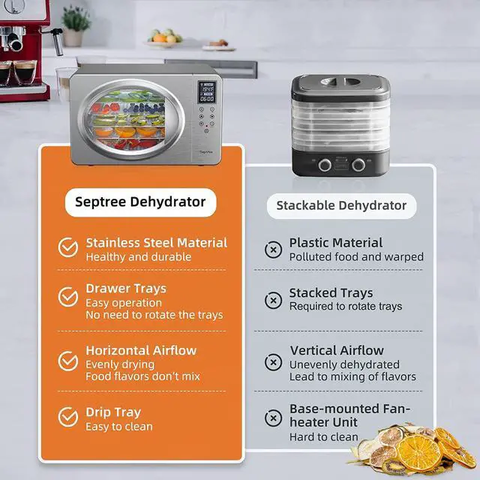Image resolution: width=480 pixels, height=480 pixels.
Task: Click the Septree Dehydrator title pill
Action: [x=141, y=202]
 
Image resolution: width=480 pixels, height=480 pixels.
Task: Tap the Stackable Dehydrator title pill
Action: [x=341, y=205]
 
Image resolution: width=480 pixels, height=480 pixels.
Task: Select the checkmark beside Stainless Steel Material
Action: [x=68, y=247]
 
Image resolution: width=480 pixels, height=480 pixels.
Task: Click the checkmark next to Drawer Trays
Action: [x=68, y=297]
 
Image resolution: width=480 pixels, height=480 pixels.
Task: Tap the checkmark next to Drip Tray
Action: [x=68, y=418]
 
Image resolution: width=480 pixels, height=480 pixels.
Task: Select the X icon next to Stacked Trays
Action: [x=274, y=300]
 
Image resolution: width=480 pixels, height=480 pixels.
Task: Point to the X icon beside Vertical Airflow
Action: [x=274, y=363]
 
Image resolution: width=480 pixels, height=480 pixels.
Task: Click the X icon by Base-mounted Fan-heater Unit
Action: [x=274, y=418]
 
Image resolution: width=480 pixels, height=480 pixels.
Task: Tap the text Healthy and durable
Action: [x=139, y=257]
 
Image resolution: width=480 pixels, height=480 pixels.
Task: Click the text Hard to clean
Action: [x=324, y=436]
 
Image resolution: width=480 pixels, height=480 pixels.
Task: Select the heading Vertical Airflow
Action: [x=337, y=350]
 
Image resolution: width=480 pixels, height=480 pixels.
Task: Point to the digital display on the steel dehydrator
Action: [x=207, y=93]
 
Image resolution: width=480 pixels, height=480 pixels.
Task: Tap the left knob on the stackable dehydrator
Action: [x=325, y=164]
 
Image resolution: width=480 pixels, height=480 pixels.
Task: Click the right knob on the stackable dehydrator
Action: [x=359, y=164]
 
